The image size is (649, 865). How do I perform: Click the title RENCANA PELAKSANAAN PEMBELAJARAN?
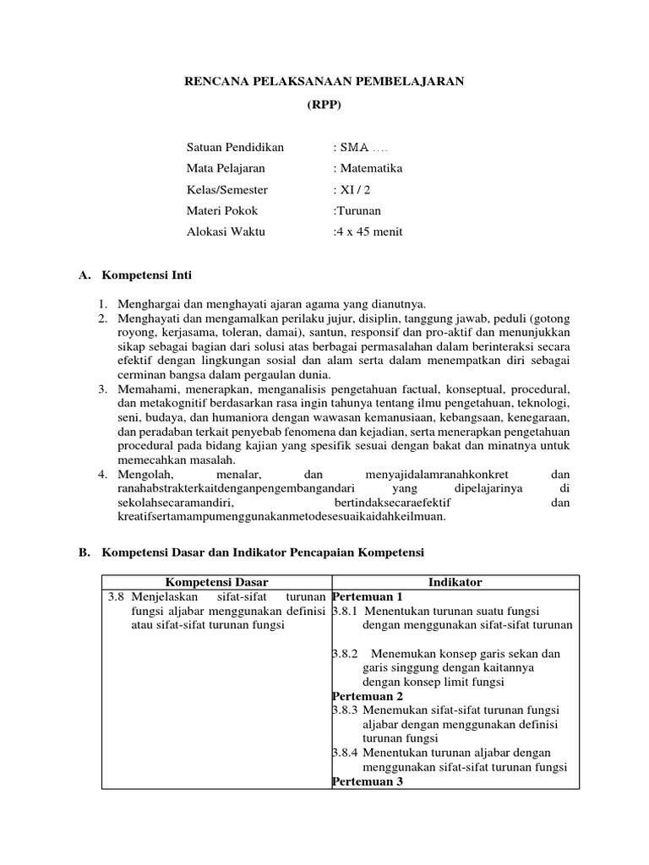point(324,81)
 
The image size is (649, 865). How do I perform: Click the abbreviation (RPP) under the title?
point(324,104)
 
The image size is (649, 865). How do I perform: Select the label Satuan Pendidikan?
point(235,147)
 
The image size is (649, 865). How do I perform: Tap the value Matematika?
point(371,168)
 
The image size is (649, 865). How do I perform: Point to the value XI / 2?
point(354,189)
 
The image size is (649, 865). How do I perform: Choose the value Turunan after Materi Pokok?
point(358,210)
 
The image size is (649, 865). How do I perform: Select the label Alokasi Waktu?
point(227,231)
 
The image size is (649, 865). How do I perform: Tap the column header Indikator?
point(455,582)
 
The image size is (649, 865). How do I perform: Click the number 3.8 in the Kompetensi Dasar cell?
point(117,596)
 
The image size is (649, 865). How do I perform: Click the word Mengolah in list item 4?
point(145,475)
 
